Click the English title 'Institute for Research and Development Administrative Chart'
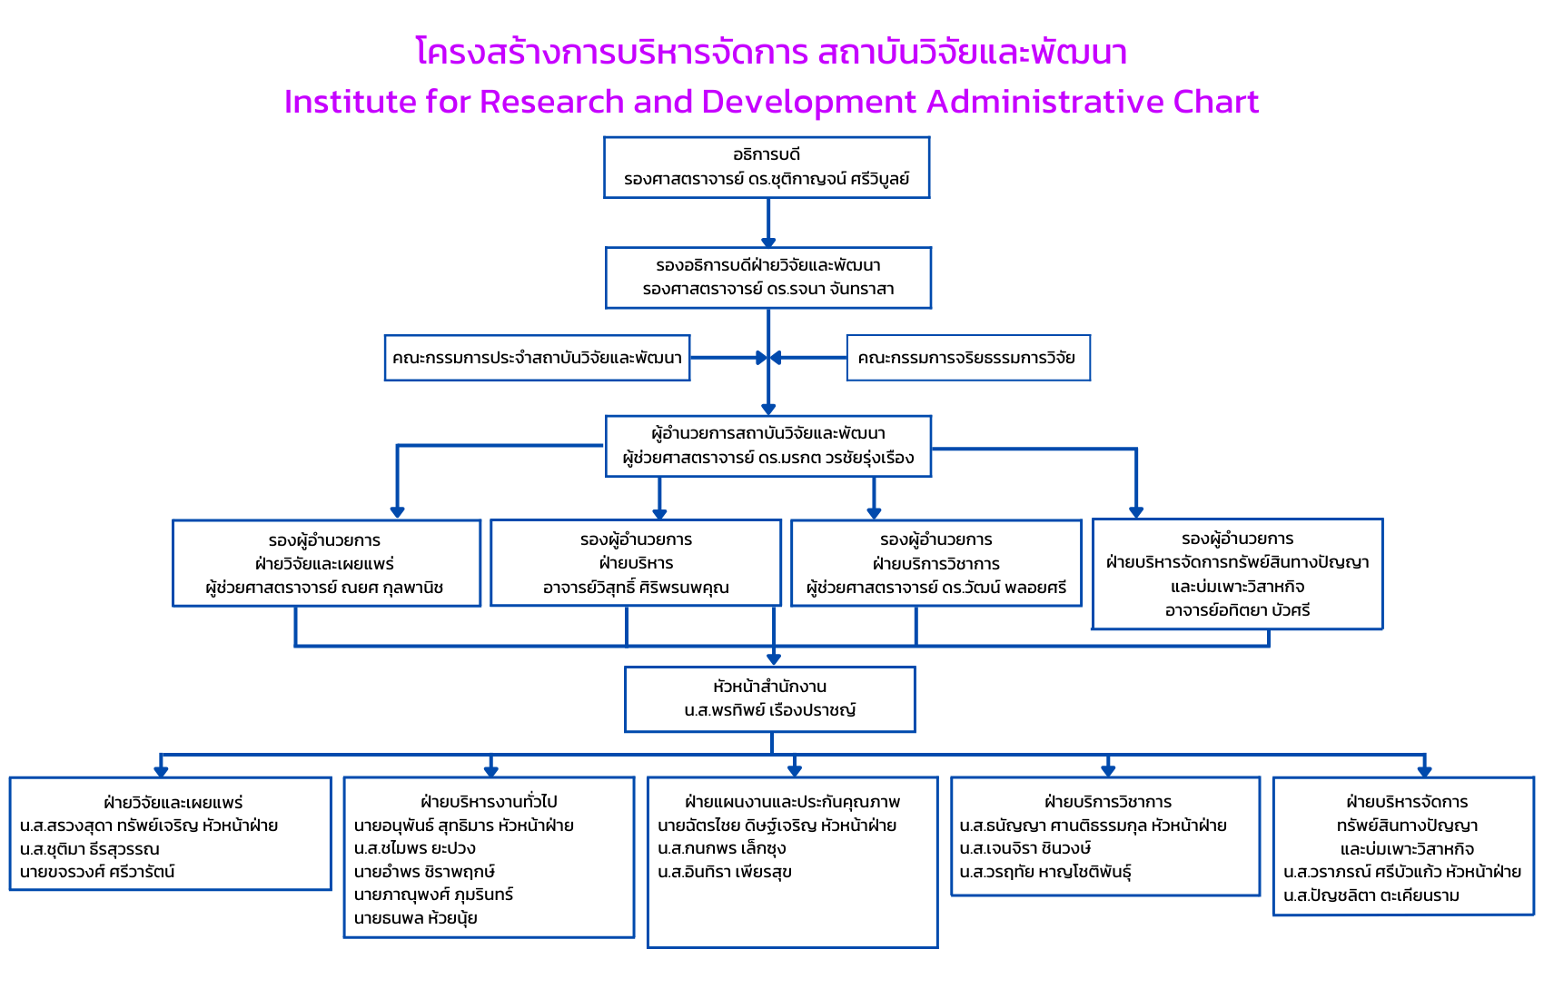[x=771, y=102]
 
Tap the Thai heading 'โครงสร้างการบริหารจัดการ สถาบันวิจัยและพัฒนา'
[x=771, y=52]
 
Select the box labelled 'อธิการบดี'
[x=767, y=167]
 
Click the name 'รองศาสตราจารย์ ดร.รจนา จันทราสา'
[x=767, y=289]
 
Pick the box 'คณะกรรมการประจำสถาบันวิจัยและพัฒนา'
[x=537, y=358]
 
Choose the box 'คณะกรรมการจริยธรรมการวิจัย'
[x=967, y=358]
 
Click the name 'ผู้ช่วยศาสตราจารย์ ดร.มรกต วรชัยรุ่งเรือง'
[x=767, y=458]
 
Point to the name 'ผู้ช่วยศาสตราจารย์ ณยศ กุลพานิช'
[x=324, y=588]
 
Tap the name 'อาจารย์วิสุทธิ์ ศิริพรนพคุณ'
[x=636, y=588]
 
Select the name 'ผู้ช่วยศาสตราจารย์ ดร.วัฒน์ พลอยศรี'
[x=936, y=588]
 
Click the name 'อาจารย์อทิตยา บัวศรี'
[x=1237, y=610]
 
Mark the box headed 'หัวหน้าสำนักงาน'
[x=769, y=698]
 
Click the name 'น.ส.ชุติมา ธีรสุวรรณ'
[x=89, y=849]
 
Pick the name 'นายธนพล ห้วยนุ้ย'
[x=415, y=918]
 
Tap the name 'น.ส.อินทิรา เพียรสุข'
[x=725, y=872]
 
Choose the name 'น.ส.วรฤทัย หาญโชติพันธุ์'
[x=1045, y=872]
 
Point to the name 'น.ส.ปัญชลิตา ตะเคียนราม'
[x=1371, y=895]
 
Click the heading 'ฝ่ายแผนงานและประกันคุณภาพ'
[x=792, y=802]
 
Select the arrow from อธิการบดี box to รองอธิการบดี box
[x=768, y=223]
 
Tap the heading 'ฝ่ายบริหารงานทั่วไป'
[x=489, y=802]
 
